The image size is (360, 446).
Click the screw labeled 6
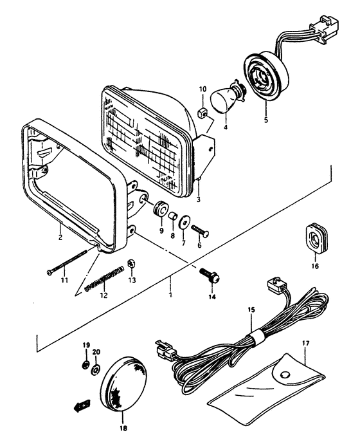point(204,227)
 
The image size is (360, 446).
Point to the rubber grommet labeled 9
point(160,210)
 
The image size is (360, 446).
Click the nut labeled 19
point(85,367)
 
